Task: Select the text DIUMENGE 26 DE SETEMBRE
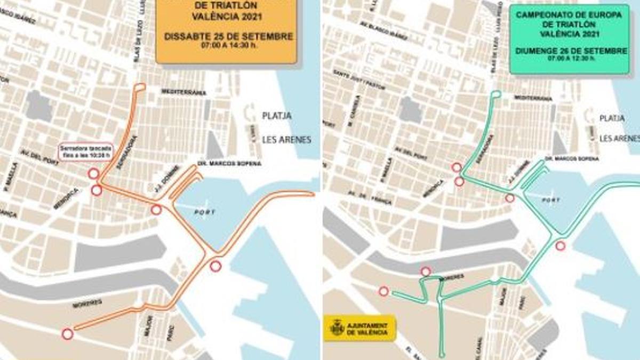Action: [570, 51]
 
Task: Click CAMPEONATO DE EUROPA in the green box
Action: [569, 15]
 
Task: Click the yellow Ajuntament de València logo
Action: [360, 327]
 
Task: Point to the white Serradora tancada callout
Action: [85, 152]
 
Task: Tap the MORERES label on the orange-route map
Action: [87, 303]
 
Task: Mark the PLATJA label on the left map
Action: [276, 116]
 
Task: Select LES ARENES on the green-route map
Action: [619, 138]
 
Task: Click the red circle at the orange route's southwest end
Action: [67, 334]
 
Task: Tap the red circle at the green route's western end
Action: [383, 291]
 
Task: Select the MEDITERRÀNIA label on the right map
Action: [533, 99]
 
